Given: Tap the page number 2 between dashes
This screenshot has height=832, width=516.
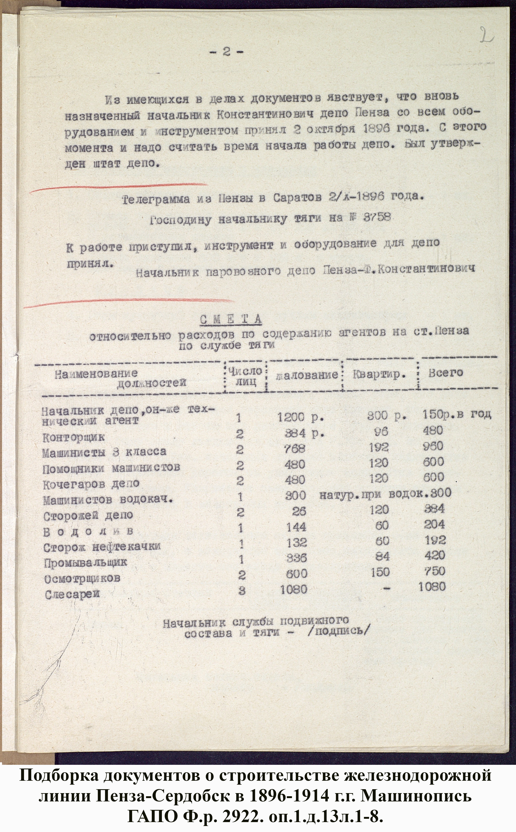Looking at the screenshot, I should pos(226,52).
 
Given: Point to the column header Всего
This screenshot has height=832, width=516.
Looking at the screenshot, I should pos(445,373).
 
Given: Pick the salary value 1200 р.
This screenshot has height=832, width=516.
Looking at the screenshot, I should pos(300,417).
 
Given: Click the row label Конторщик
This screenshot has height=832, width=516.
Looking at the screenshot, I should pos(73,437).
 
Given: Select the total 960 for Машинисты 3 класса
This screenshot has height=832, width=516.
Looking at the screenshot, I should pos(433,446).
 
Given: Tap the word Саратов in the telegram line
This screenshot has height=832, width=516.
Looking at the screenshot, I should pos(297,198).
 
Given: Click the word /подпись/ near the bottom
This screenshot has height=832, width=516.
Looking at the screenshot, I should pos(338,631).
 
